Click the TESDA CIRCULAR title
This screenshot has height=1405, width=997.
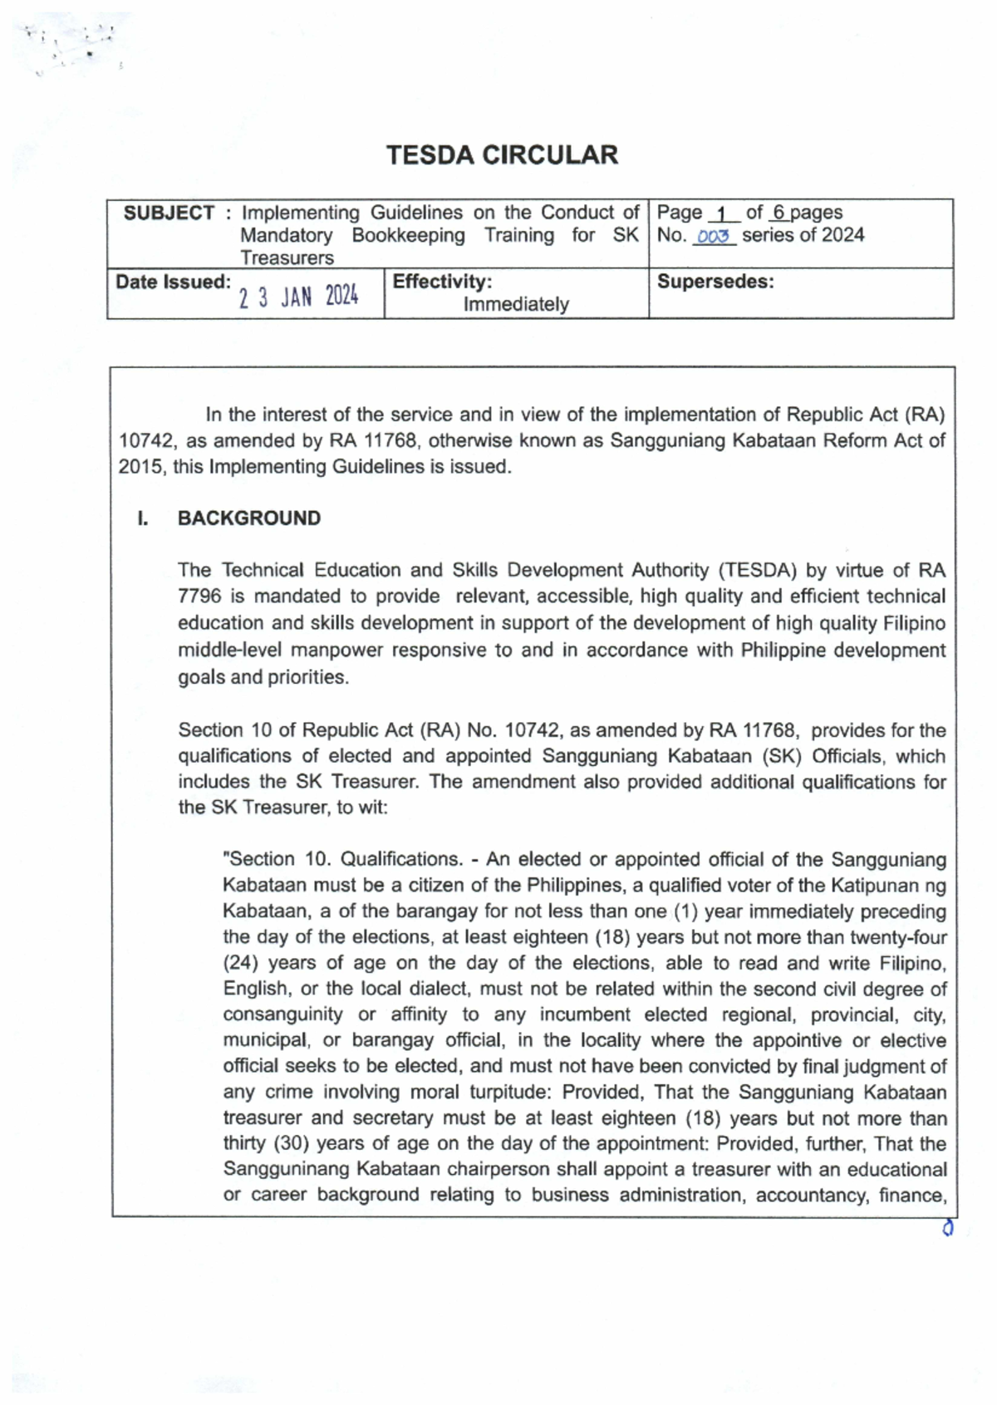(x=502, y=155)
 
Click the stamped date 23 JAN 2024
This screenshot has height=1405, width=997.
(x=298, y=297)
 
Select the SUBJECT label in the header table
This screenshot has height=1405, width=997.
(x=169, y=214)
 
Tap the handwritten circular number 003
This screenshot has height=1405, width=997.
(x=714, y=238)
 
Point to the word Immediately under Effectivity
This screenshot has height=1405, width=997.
(x=516, y=305)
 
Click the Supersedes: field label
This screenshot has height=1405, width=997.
(x=715, y=282)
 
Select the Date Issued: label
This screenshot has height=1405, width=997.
(x=173, y=282)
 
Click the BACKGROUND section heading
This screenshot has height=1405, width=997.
(x=248, y=518)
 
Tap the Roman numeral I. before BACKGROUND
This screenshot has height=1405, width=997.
(x=143, y=518)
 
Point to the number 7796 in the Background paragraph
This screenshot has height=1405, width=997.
(x=199, y=597)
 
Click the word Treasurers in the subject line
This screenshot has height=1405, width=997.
(x=287, y=258)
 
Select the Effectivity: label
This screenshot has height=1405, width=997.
(x=442, y=282)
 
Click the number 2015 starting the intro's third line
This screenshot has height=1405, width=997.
(x=140, y=467)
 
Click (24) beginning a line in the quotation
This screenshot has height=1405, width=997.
(x=239, y=963)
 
